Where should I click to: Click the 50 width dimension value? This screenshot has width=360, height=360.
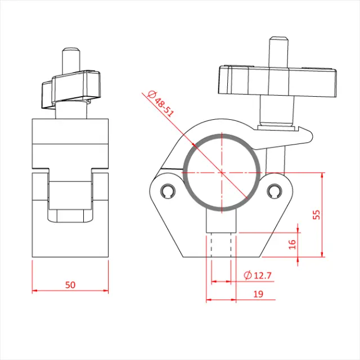pyautogui.click(x=70, y=285)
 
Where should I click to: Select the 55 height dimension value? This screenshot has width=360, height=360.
pyautogui.click(x=316, y=214)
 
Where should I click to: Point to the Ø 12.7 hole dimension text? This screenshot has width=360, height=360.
pyautogui.click(x=258, y=275)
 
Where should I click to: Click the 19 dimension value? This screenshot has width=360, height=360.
pyautogui.click(x=258, y=293)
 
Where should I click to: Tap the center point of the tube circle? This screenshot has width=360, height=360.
pyautogui.click(x=222, y=172)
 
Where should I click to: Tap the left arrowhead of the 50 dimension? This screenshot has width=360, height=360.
pyautogui.click(x=34, y=291)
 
